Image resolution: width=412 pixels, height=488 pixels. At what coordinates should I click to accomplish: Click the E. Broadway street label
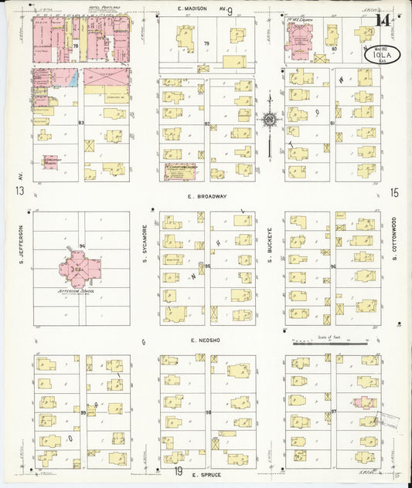pyautogui.click(x=207, y=196)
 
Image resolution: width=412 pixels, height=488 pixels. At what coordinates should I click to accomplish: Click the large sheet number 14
pyautogui.click(x=382, y=21)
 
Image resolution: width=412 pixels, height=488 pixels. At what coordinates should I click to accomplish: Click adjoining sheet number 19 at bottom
pyautogui.click(x=177, y=470)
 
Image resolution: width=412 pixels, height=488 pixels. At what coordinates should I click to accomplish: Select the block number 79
pyautogui.click(x=206, y=43)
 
